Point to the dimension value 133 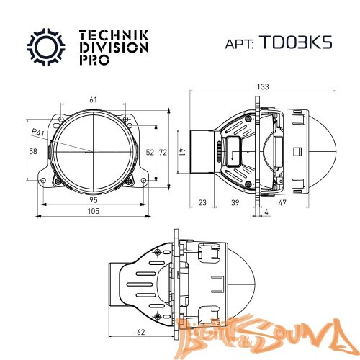coord(264,86)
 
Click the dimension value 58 coord(32,152)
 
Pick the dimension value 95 coord(94,199)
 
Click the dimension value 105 coord(94,212)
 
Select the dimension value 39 coord(235,204)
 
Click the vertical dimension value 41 coord(183,152)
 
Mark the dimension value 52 coord(149,152)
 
